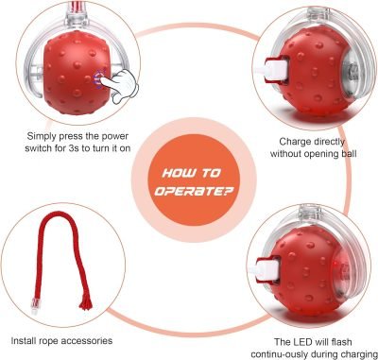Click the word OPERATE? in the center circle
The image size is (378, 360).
(190, 190)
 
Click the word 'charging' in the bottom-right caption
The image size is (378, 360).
(335, 354)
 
